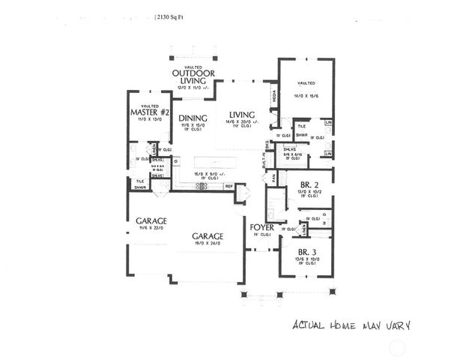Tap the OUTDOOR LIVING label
click(x=194, y=76)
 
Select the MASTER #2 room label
click(x=148, y=114)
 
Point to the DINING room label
click(x=193, y=118)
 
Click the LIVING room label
click(x=243, y=114)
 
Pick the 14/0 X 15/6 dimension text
click(x=306, y=96)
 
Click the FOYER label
click(x=262, y=226)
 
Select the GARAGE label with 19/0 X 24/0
click(x=206, y=235)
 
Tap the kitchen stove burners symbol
click(x=200, y=186)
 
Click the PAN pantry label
click(x=274, y=177)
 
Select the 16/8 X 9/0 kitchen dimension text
click(x=209, y=173)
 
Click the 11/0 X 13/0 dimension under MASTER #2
click(x=148, y=121)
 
